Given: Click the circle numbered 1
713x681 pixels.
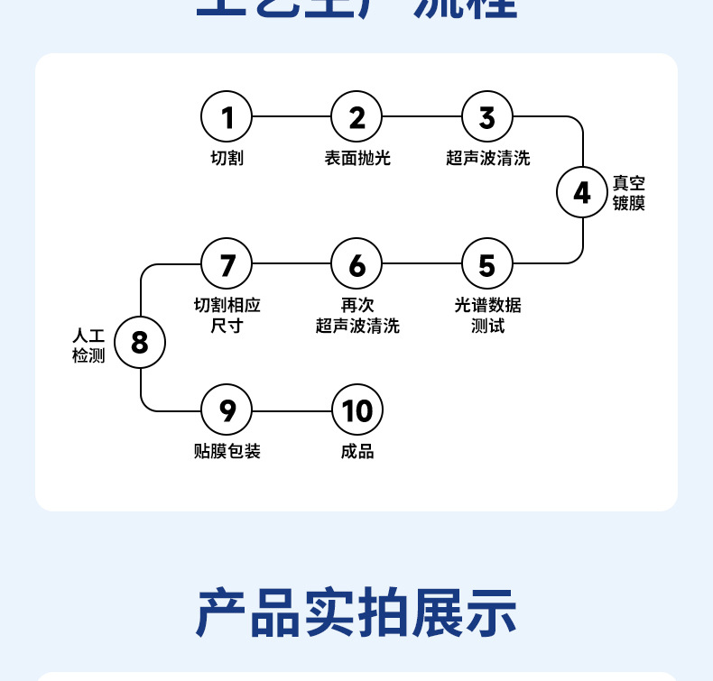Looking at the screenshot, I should click(x=227, y=117).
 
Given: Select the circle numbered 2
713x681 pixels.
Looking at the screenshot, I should click(x=357, y=117).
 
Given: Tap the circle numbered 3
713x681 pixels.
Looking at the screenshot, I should click(x=487, y=117).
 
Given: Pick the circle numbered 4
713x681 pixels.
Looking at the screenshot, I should click(x=582, y=192).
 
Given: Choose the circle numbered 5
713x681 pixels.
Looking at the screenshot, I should click(x=487, y=265).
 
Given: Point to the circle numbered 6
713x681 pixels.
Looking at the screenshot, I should click(x=357, y=265).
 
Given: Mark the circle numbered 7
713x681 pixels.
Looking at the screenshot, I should click(x=227, y=265).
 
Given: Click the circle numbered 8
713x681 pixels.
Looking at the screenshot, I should click(x=140, y=343).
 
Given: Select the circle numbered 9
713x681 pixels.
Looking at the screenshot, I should click(x=227, y=410).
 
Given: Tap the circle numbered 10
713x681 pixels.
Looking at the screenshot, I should click(x=357, y=410).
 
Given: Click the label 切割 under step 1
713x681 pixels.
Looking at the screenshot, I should click(x=227, y=159).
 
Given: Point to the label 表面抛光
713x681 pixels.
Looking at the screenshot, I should click(x=357, y=159).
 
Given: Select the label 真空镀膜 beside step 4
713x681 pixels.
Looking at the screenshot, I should click(x=629, y=192).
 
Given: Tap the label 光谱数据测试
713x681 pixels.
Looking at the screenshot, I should click(x=487, y=315).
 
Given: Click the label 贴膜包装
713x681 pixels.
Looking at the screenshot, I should click(x=227, y=451).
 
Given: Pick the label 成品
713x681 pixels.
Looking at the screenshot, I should click(x=357, y=451).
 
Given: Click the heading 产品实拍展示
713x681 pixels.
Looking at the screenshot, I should click(x=356, y=613).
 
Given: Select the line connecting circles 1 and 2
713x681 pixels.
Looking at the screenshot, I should click(x=292, y=117).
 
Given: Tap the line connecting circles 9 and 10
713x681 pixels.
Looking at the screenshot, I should click(x=292, y=410).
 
